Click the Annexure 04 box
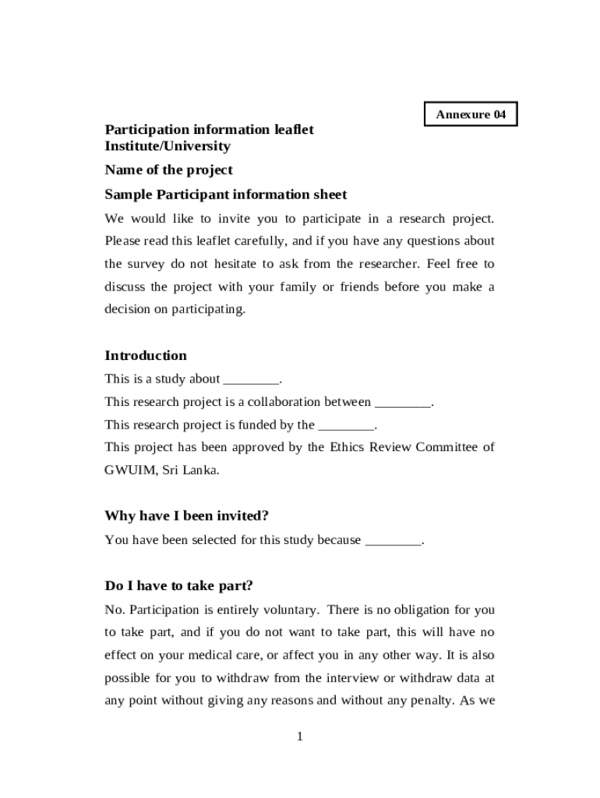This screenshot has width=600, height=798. (x=471, y=115)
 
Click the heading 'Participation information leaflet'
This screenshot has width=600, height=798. (x=209, y=129)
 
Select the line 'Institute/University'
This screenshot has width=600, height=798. (x=168, y=146)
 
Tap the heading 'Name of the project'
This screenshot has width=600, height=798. (x=168, y=170)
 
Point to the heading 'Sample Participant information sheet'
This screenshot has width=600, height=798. (x=225, y=194)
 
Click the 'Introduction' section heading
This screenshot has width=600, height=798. (x=146, y=355)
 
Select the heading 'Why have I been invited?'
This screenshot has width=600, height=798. (x=186, y=516)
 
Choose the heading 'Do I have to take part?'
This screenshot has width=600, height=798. (x=178, y=585)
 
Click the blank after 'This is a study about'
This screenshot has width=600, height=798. (x=250, y=380)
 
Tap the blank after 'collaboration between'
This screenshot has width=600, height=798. (x=402, y=403)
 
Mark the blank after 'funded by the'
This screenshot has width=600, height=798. (x=346, y=425)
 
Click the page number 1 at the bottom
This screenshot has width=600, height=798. (x=299, y=736)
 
